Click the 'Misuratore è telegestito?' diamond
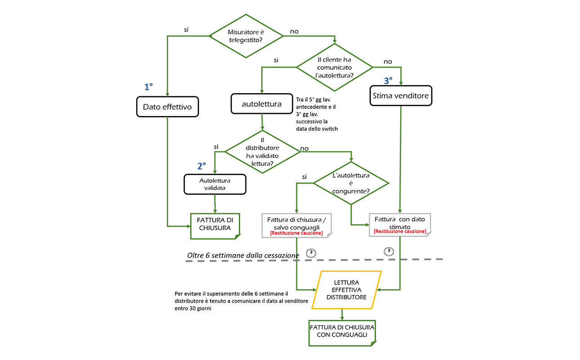click(246, 36)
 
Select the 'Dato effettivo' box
click(168, 107)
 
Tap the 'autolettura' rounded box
click(262, 103)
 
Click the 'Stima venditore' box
click(401, 96)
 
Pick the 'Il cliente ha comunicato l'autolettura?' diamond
click(335, 67)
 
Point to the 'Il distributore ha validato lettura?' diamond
click(262, 152)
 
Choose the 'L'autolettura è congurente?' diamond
click(351, 183)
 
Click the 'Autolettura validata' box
click(215, 184)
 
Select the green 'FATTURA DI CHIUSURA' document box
click(215, 226)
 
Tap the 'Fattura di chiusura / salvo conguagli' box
click(296, 225)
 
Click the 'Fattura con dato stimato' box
click(400, 225)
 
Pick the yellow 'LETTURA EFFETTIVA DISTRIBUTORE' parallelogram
click(347, 290)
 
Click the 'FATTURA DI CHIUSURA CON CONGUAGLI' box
click(342, 333)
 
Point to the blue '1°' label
click(148, 87)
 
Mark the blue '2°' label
click(201, 166)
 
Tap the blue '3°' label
click(388, 81)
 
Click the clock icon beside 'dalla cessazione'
click(311, 253)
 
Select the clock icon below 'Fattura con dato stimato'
click(388, 252)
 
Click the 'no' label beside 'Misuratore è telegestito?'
click(294, 31)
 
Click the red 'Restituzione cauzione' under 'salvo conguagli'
click(296, 233)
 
